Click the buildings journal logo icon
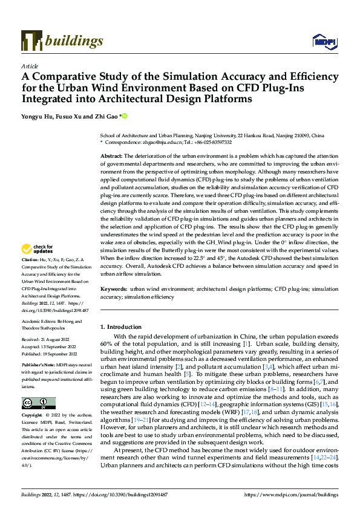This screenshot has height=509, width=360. (31, 41)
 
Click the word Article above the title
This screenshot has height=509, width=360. (29, 66)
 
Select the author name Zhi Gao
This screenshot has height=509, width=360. (107, 116)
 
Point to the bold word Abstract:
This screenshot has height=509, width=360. (111, 156)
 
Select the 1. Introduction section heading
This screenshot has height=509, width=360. (120, 327)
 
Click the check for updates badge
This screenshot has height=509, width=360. (38, 250)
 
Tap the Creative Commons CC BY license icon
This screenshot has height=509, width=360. (38, 403)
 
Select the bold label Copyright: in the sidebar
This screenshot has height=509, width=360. (33, 416)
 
